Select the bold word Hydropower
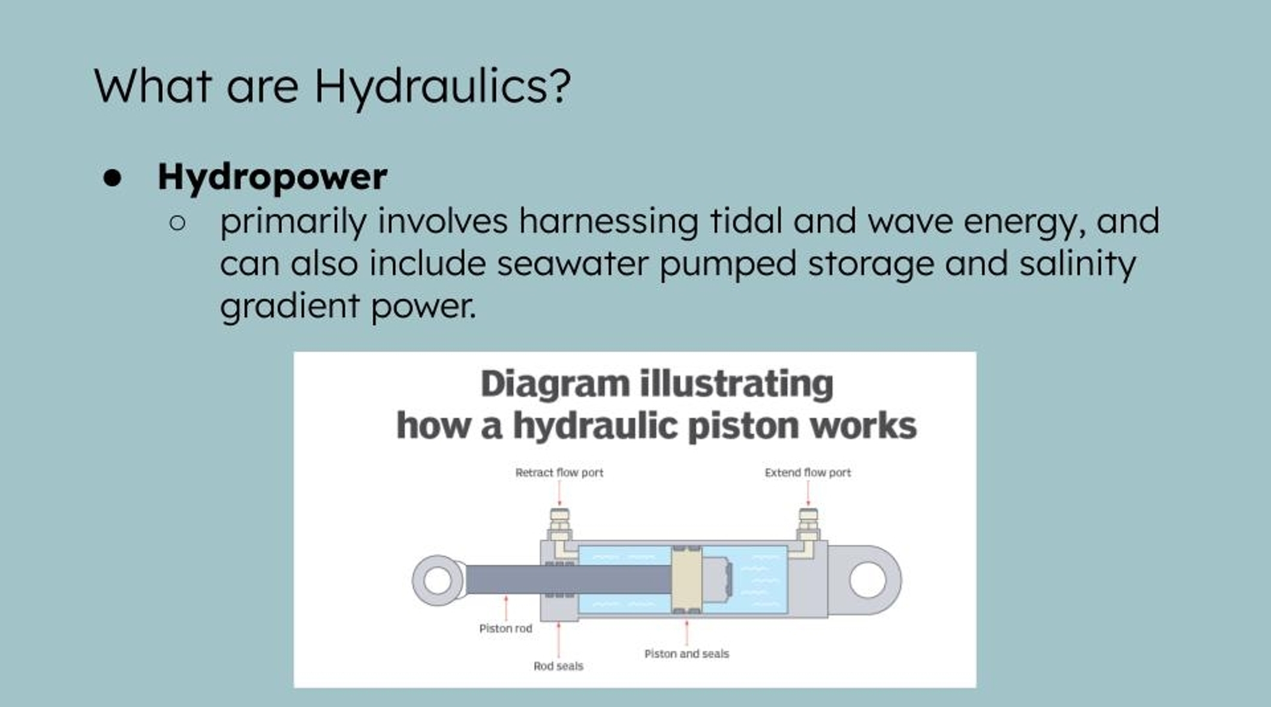pos(272,177)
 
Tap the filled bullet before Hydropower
pos(112,178)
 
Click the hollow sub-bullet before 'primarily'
pos(177,223)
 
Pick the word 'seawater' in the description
pos(573,263)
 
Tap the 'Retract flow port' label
pos(559,473)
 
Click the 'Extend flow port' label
pos(808,473)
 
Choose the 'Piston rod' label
pos(505,628)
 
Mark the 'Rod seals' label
pos(558,666)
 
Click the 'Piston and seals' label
pos(686,654)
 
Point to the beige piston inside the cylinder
pos(686,579)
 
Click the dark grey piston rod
pos(568,579)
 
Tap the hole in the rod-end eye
pos(437,580)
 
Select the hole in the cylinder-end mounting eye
pos(868,580)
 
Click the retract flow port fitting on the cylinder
pos(559,526)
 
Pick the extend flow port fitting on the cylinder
pos(808,526)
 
